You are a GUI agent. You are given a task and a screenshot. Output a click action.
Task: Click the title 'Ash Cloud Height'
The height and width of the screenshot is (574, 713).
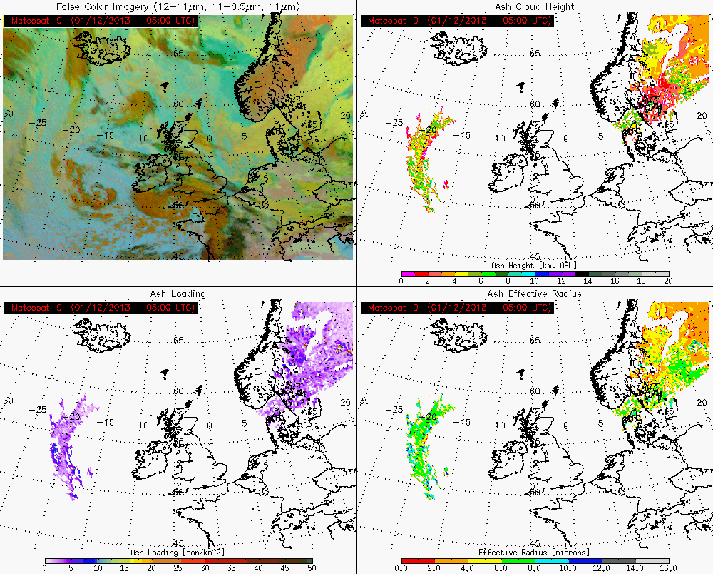point(534,6)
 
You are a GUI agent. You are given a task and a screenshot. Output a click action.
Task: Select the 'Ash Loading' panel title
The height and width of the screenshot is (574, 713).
point(178,293)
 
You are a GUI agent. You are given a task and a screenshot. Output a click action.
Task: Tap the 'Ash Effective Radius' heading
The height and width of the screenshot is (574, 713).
point(534,293)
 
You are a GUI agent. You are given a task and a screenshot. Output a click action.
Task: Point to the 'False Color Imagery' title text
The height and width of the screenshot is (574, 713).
point(178,6)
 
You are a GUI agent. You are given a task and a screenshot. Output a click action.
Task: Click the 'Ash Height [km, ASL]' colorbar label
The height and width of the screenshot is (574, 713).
point(534,265)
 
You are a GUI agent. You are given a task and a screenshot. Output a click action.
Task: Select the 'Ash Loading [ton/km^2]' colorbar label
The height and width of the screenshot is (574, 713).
point(178,552)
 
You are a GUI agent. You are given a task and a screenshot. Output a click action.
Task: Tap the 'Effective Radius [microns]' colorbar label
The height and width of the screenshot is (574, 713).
point(534,552)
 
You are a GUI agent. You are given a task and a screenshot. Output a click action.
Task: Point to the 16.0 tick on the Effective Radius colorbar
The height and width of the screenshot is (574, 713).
point(667,568)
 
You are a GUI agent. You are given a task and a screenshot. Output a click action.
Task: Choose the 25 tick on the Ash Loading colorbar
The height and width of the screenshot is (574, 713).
point(178,568)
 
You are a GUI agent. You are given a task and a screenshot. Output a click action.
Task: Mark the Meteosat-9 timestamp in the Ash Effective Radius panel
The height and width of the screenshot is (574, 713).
point(456,308)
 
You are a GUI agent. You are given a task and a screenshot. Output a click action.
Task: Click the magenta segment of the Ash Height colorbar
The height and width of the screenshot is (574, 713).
point(408,273)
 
